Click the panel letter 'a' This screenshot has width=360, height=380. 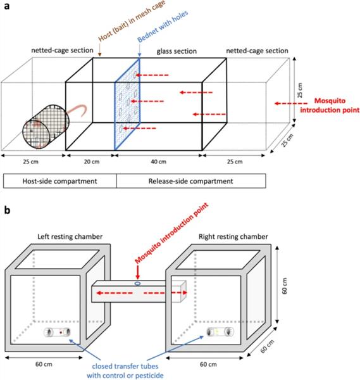pos(7,6)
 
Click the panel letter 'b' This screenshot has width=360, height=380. pos(7,210)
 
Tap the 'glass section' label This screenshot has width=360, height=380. pos(177,51)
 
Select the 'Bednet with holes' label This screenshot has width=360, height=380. pos(163,26)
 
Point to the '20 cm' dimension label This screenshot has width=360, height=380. pos(92,161)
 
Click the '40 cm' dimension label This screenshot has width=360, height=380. pos(159,161)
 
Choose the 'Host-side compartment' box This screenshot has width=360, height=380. pos(60,180)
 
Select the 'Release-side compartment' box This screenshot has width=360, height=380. pos(191,180)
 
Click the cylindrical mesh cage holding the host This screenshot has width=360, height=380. pos(46,127)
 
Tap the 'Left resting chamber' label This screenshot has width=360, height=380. pos(70,236)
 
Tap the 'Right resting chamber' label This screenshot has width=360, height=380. pos(233,236)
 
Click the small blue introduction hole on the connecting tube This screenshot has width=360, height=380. pos(137,283)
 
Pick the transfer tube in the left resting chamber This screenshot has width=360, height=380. pos(57,332)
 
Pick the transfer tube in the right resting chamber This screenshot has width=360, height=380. pos(220,332)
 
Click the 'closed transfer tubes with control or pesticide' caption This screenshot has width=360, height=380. pos(125,370)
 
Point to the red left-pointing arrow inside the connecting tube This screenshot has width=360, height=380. pos(115,293)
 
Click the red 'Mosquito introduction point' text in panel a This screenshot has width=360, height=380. pos(330,105)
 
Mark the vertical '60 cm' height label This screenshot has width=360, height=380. pos(285,286)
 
